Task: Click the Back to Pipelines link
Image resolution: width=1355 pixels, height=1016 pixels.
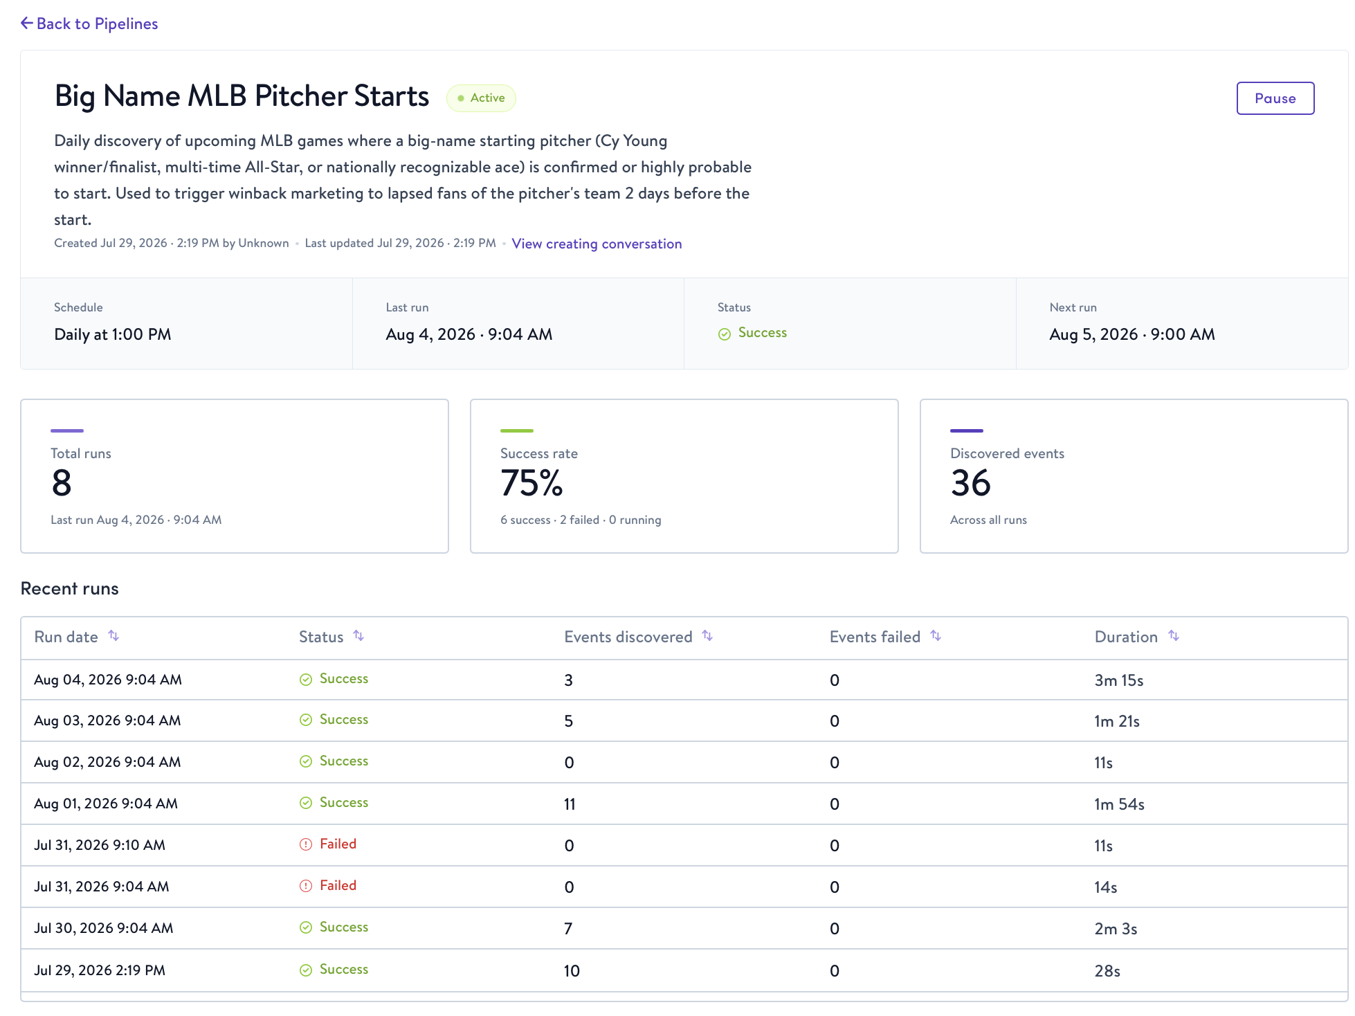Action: [x=89, y=24]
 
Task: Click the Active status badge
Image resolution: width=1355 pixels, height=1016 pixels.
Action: [x=481, y=98]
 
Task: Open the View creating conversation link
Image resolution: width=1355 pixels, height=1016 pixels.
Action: [x=597, y=244]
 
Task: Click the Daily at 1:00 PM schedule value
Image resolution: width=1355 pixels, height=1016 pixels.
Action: [x=113, y=334]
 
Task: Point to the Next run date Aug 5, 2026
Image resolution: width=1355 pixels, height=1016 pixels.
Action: [x=1093, y=334]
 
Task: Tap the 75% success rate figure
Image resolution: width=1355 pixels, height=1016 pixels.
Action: [x=531, y=483]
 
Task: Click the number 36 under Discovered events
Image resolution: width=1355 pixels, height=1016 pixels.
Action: [x=971, y=483]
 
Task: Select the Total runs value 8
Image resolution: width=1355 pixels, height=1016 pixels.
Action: [x=62, y=483]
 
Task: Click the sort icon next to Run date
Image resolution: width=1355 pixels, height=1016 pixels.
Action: [x=113, y=636]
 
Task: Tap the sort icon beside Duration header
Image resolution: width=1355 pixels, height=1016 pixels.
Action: [x=1174, y=636]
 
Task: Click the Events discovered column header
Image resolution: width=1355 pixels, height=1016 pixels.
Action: [x=628, y=637]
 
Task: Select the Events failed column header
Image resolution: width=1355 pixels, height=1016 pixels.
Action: [x=875, y=637]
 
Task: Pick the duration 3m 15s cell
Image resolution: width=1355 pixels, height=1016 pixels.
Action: [x=1119, y=680]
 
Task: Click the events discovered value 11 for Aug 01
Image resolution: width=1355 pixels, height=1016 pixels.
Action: [x=570, y=804]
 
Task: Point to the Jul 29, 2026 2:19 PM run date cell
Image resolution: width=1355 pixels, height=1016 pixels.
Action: [x=100, y=970]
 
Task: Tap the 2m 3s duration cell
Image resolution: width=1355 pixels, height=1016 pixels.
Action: [x=1116, y=929]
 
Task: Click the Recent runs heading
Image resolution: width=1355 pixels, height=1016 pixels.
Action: [x=70, y=588]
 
